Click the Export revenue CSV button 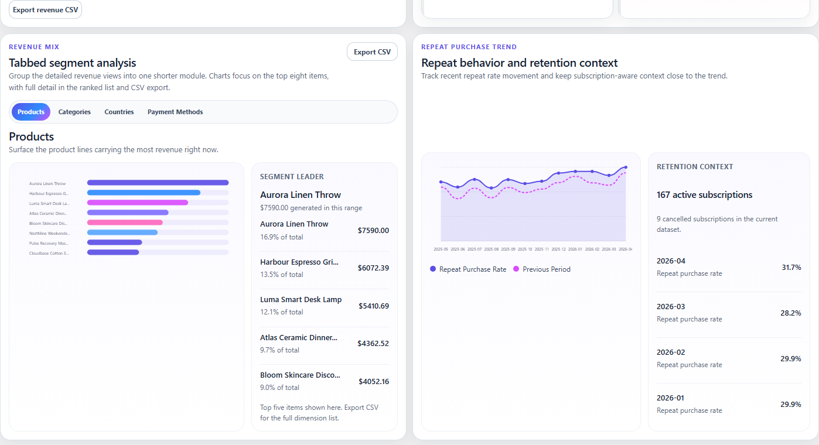(45, 9)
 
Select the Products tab (31, 112)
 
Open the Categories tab (74, 112)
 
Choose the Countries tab (119, 112)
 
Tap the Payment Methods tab (175, 112)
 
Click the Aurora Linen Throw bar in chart (158, 183)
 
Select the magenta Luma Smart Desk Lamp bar (138, 203)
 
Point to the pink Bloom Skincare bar (125, 222)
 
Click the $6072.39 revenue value (373, 268)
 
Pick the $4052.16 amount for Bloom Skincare (373, 381)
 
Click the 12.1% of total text (282, 312)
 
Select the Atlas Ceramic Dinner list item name (299, 337)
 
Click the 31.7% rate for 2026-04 (791, 267)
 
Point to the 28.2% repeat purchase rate (791, 313)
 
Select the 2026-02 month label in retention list (671, 352)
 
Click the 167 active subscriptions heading (704, 195)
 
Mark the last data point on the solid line (626, 167)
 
